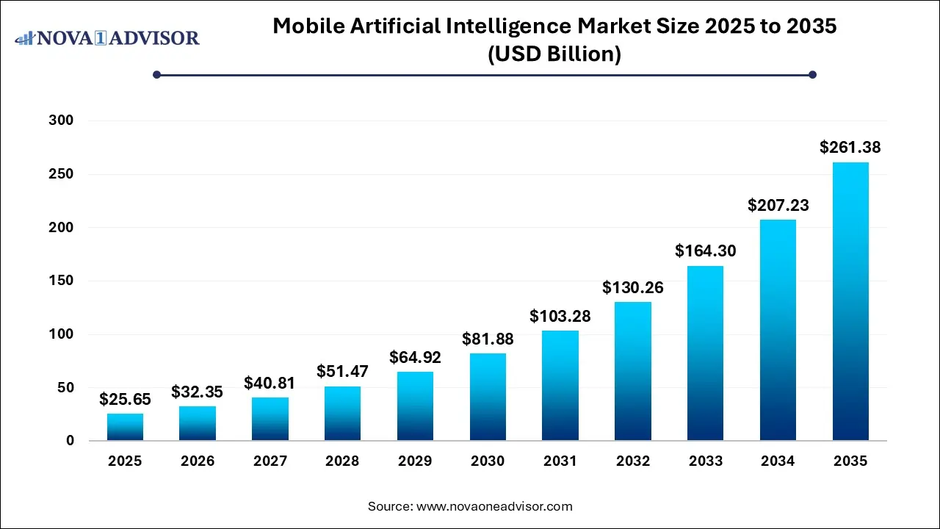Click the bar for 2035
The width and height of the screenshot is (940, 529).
[x=850, y=301]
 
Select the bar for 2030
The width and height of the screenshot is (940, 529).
[x=488, y=397]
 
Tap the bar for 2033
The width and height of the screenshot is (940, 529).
[x=705, y=353]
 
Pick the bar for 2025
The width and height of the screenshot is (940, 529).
[x=125, y=427]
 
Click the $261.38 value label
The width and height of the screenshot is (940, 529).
[x=850, y=148]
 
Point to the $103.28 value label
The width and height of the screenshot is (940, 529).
[x=560, y=317]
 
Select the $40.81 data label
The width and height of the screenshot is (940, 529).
[x=270, y=383]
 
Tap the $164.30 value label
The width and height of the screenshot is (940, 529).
[x=705, y=251]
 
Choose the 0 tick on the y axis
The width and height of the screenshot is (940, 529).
[x=70, y=441]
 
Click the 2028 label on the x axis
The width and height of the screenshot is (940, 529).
[x=342, y=461]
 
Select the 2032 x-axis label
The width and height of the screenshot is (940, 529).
[x=633, y=461]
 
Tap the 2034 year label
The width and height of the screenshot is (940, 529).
[x=778, y=461]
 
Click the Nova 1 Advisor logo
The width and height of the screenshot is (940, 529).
[x=107, y=37]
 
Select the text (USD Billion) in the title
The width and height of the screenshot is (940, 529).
[x=554, y=54]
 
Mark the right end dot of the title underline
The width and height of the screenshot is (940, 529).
[x=812, y=74]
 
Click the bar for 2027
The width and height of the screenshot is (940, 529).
[x=270, y=419]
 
